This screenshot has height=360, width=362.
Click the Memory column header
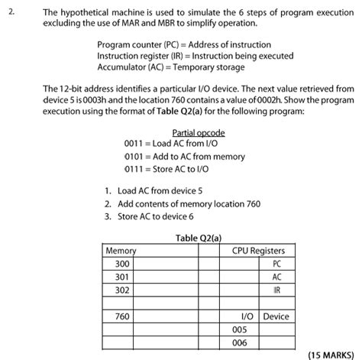121,251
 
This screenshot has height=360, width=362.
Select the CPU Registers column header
258,251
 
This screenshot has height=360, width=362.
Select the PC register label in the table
276,264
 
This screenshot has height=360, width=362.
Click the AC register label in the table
276,277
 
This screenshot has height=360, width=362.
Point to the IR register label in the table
276,290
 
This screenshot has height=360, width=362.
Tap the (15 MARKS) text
331,355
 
